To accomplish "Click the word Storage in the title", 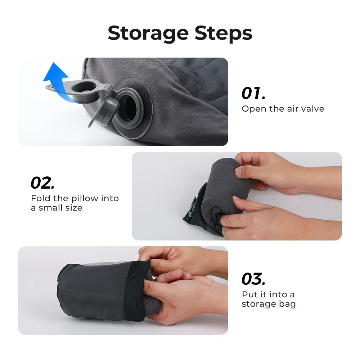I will pos(148,33).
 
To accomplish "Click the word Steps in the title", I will pos(223,33).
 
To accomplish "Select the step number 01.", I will pos(253,93).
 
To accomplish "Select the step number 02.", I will pos(42,183).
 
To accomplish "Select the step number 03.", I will pos(253,279).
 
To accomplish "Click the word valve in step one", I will pos(312,109).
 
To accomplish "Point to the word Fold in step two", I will pos(39,198).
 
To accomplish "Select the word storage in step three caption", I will pos(257,304).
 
